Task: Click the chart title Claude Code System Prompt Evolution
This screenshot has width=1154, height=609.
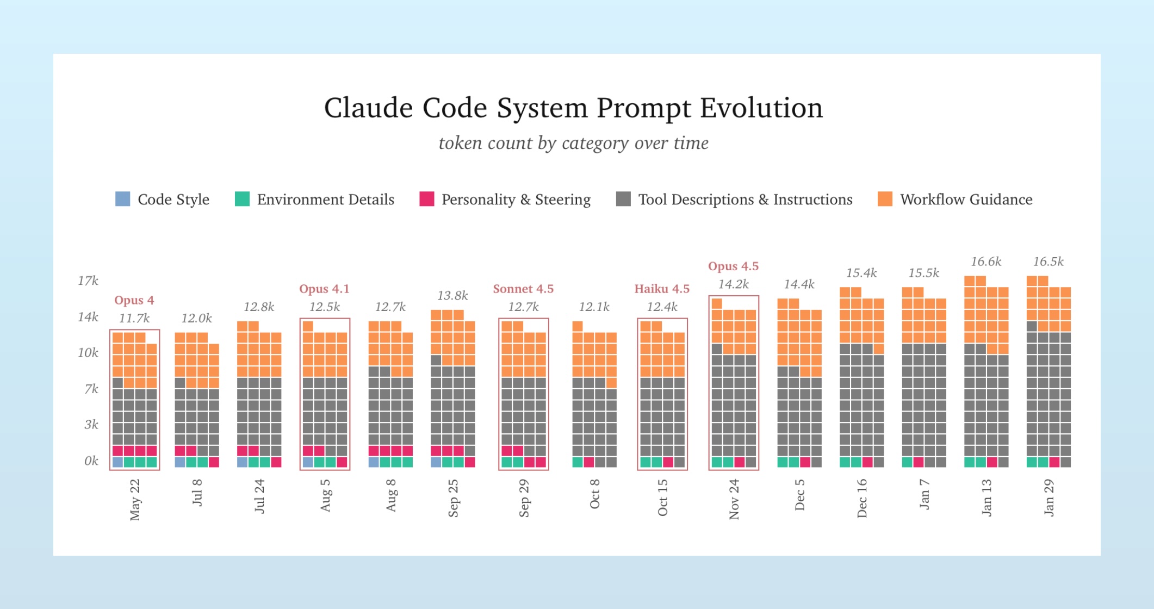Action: [x=573, y=108]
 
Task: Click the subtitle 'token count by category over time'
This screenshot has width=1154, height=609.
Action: [x=573, y=143]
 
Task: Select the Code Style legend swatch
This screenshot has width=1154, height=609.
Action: [x=123, y=199]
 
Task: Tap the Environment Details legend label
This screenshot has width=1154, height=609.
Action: [x=325, y=200]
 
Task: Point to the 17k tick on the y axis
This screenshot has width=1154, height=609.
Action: [x=88, y=281]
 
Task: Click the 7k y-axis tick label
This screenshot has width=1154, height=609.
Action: [x=91, y=389]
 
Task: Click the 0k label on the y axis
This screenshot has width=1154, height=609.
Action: [x=91, y=461]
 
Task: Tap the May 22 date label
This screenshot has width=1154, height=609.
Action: [x=135, y=499]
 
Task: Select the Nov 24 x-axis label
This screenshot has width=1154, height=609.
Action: [x=734, y=499]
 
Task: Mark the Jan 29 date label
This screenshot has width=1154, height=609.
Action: [x=1049, y=498]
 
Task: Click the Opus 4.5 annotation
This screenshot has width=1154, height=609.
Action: [x=733, y=266]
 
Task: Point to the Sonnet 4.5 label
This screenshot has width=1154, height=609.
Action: [x=523, y=289]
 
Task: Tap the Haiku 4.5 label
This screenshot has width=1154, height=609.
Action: [x=662, y=289]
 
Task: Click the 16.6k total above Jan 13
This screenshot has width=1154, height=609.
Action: [x=986, y=262]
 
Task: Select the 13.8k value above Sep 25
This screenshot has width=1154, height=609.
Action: [x=452, y=296]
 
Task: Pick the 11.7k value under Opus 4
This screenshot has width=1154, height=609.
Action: [x=134, y=318]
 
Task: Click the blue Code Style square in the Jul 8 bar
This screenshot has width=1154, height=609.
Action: [x=180, y=462]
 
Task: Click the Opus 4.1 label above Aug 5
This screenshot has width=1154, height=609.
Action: [x=324, y=289]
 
